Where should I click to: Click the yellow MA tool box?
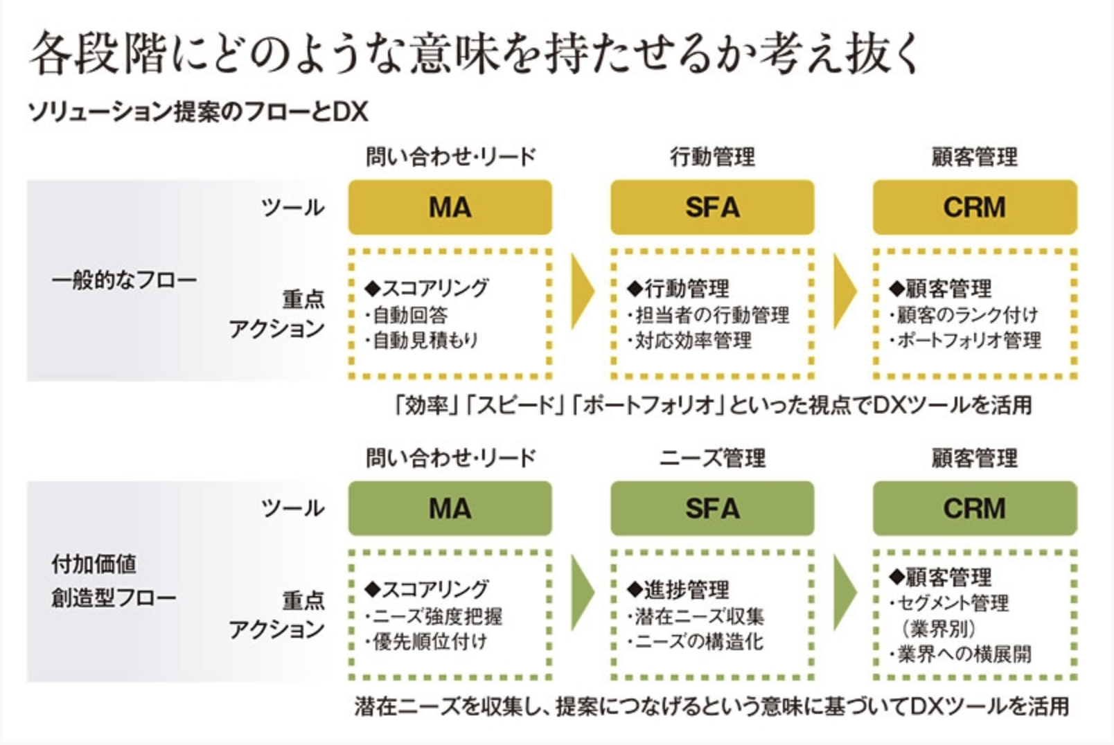tap(450, 207)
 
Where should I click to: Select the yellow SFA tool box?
tap(711, 207)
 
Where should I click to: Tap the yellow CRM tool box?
tap(974, 207)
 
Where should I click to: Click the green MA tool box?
tap(450, 508)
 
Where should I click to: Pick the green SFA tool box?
tap(711, 508)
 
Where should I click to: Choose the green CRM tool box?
tap(974, 508)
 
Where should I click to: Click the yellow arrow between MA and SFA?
tap(582, 291)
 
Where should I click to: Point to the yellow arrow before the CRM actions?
tap(844, 291)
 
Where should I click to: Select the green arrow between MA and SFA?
tap(582, 592)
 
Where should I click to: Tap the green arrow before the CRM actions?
tap(844, 592)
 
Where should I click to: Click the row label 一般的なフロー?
tap(124, 280)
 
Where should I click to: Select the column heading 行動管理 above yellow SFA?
tap(712, 157)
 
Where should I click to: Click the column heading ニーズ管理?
tap(712, 458)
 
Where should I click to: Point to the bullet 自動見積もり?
tap(425, 341)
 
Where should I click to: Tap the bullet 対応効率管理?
tap(693, 341)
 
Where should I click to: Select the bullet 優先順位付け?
tap(430, 642)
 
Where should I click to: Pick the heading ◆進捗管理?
tap(678, 590)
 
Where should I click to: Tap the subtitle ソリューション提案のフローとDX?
tap(198, 111)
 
